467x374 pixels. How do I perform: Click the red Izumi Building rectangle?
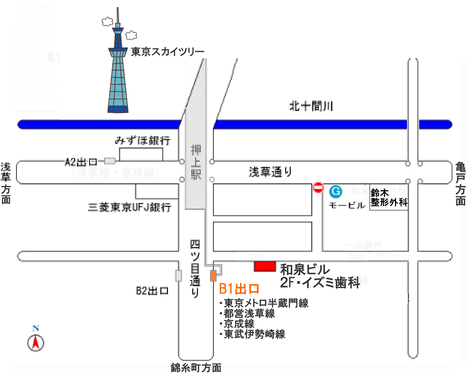(x=265, y=266)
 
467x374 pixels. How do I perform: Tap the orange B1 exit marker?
(x=213, y=276)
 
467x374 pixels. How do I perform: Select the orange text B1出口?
(x=239, y=289)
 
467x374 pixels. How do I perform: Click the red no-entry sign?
(x=318, y=187)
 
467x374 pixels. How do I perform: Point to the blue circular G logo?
(x=336, y=192)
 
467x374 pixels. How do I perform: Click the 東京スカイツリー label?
(x=168, y=52)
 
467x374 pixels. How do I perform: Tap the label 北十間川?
(x=311, y=106)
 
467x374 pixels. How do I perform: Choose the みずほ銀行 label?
(x=143, y=140)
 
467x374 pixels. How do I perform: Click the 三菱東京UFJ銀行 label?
(x=130, y=207)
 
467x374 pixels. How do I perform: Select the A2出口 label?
(x=81, y=162)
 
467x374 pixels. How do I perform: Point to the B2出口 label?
(x=152, y=291)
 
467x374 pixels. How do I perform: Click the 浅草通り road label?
(x=270, y=172)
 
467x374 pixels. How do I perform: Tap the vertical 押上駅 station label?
(x=196, y=162)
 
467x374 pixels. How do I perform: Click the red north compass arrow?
(x=36, y=342)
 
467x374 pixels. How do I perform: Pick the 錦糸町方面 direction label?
(x=196, y=368)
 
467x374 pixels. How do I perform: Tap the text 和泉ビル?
(x=305, y=269)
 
